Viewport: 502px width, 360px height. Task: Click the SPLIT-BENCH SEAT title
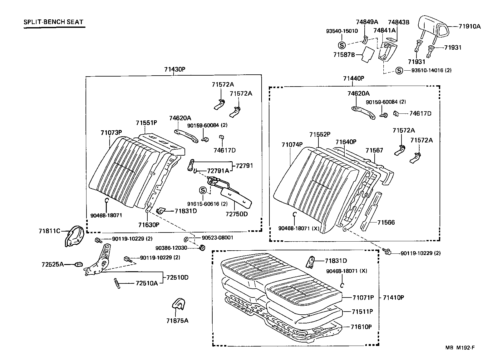(x=54, y=22)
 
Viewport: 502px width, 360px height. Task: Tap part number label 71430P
(x=175, y=69)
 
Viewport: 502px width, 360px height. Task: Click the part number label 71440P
(x=354, y=78)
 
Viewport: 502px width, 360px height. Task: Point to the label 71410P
(x=393, y=297)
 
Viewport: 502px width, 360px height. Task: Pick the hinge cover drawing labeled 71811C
(x=75, y=236)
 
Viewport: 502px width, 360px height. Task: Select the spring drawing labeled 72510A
(x=117, y=283)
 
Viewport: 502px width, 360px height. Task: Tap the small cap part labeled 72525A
(x=78, y=265)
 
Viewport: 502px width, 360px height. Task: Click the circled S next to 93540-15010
(x=341, y=45)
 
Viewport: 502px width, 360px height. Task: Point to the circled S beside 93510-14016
(x=399, y=71)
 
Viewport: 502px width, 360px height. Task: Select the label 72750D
(x=236, y=214)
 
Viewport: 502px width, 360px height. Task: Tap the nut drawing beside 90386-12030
(x=202, y=248)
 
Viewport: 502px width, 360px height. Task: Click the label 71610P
(x=361, y=327)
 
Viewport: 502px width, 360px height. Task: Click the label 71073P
(x=111, y=133)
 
